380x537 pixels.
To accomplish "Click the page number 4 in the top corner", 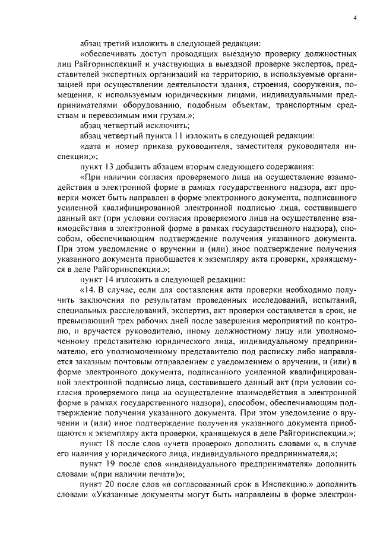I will (354, 18).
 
